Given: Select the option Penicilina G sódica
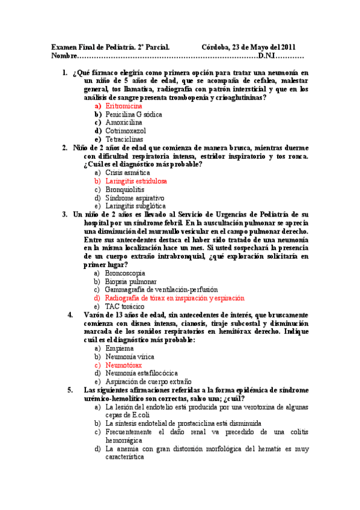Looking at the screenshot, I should tap(133, 113).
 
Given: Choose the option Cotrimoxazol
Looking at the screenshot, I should tap(125, 130).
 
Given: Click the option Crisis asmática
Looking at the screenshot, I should tap(127, 172).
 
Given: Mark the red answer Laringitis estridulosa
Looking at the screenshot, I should tap(136, 180).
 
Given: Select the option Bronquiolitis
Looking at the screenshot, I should tap(124, 189).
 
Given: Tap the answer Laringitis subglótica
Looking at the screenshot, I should tap(135, 206).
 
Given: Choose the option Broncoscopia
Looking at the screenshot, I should tap(127, 272).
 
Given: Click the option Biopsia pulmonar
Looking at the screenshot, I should tap(130, 281).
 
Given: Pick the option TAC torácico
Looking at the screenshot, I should tap(124, 306).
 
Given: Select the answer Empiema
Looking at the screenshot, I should tap(119, 348).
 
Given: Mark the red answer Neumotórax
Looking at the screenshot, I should tap(123, 364).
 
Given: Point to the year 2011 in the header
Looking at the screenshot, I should tap(286, 47).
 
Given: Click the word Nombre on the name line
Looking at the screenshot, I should tap(64, 56).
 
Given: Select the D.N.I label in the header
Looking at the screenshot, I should tap(266, 56).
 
